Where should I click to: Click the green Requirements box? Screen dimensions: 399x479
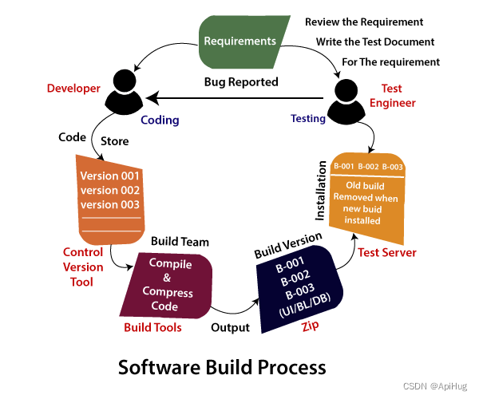[x=239, y=41]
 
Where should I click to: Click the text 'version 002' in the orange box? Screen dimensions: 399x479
[x=109, y=190]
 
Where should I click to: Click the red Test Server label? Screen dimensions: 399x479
[x=387, y=253]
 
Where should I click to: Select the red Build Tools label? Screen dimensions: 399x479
[x=152, y=327]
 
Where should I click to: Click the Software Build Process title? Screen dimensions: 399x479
[x=222, y=367]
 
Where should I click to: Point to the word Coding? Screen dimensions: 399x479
[x=160, y=120]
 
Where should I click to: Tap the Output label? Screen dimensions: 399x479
[x=230, y=327]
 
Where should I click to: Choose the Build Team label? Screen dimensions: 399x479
[x=180, y=240]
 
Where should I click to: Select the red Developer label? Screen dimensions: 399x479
[x=73, y=88]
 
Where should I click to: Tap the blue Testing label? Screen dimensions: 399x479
[x=307, y=119]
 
